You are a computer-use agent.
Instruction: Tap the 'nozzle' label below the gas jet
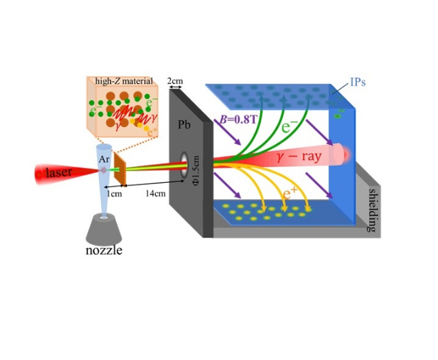point(104,249)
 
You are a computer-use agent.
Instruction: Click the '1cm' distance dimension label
point(113,194)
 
